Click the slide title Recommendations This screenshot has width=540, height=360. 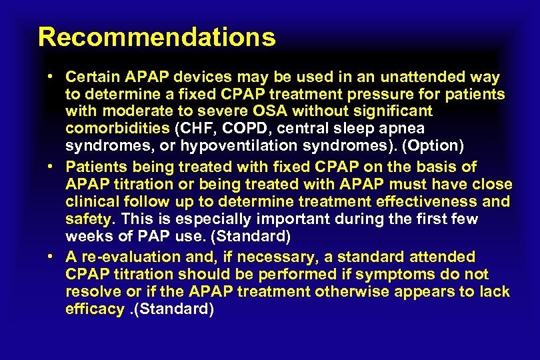coord(157,37)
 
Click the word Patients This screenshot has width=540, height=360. coord(93,167)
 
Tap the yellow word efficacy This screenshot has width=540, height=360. coord(95,310)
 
